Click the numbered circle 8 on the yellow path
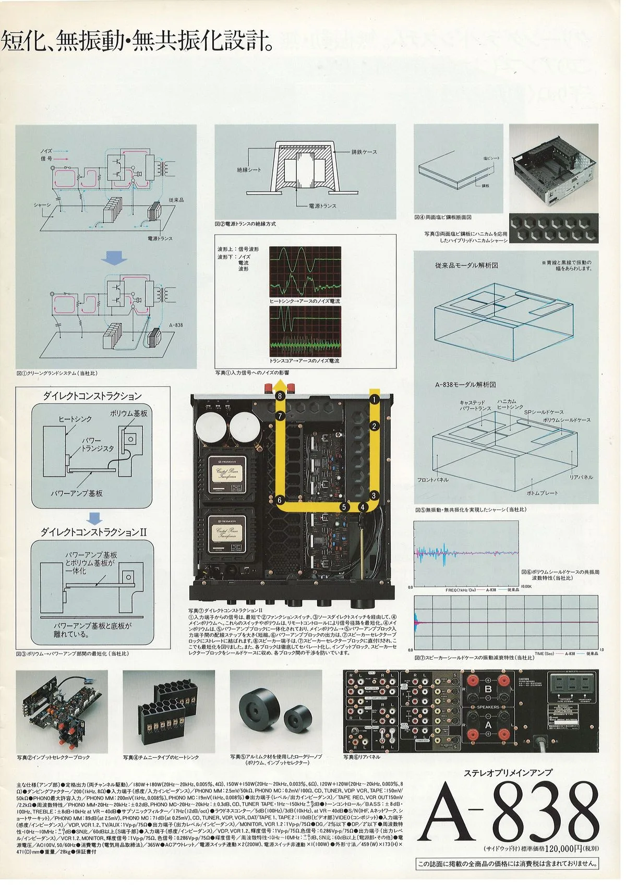(280, 396)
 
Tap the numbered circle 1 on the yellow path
(374, 399)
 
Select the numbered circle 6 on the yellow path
(280, 500)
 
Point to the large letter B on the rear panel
(488, 689)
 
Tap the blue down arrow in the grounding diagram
(114, 257)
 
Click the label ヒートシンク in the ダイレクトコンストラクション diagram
(75, 419)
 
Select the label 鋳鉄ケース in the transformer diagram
(364, 152)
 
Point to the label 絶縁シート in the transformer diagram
(249, 169)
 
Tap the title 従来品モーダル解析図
(466, 265)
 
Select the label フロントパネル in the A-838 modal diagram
(432, 479)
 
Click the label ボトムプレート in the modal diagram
(542, 492)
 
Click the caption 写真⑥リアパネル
(362, 757)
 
